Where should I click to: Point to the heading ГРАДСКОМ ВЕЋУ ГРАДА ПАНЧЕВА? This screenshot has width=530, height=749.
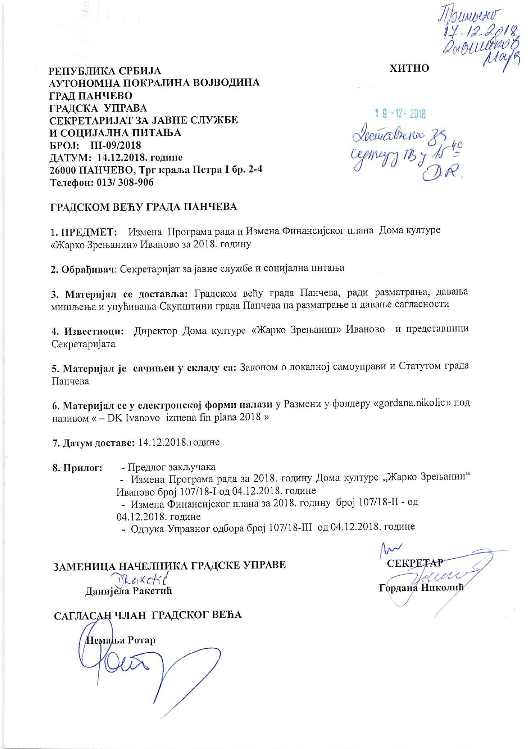tap(144, 207)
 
